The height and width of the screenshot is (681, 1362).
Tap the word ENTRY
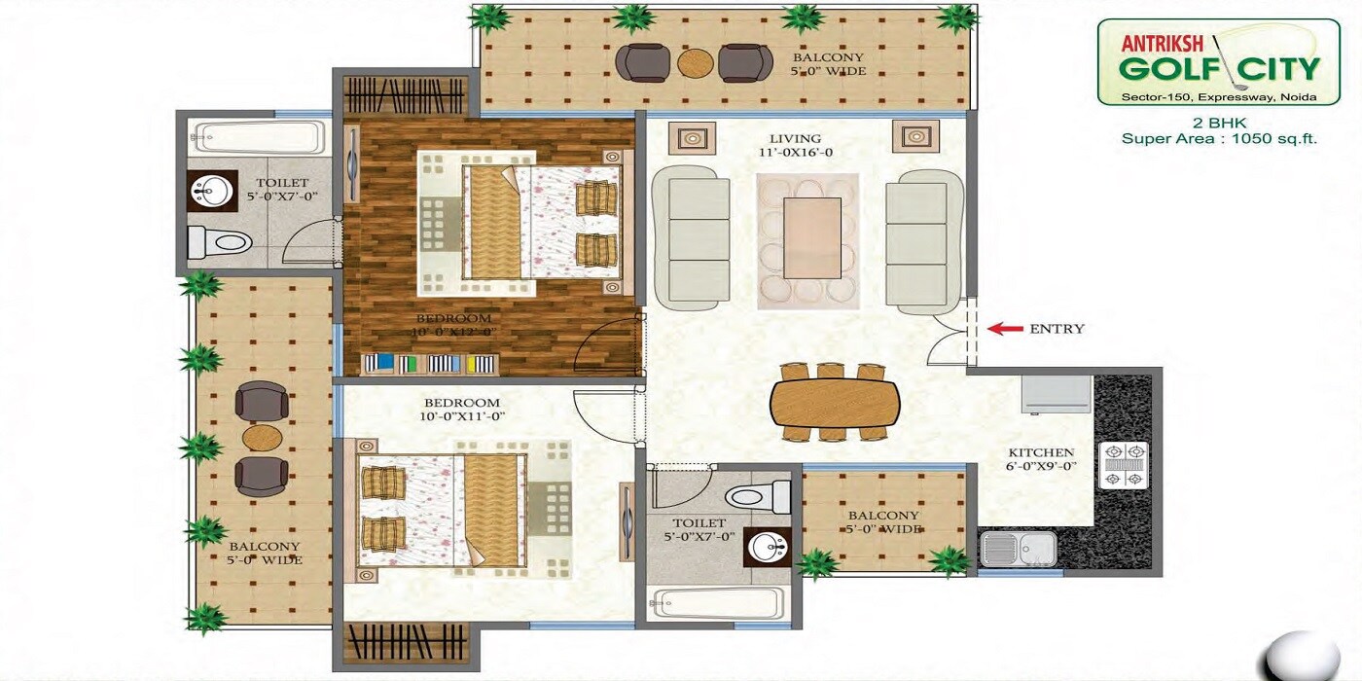pyautogui.click(x=1057, y=329)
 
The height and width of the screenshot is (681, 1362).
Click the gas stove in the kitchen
pyautogui.click(x=1123, y=464)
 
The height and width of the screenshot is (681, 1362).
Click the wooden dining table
pyautogui.click(x=835, y=401)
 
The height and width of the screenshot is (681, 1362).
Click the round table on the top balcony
pyautogui.click(x=696, y=63)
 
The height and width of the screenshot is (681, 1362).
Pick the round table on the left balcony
pyautogui.click(x=262, y=438)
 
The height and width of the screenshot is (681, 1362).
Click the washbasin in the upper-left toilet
pyautogui.click(x=210, y=192)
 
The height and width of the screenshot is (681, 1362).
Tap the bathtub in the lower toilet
pyautogui.click(x=719, y=603)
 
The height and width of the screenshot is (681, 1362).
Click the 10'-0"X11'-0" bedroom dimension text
pyautogui.click(x=461, y=416)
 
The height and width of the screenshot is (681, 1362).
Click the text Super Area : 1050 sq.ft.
pyautogui.click(x=1219, y=138)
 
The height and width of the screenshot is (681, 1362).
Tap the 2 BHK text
pyautogui.click(x=1219, y=123)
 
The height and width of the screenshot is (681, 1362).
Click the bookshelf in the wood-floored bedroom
pyautogui.click(x=429, y=364)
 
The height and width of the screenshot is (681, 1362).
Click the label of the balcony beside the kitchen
pyautogui.click(x=882, y=522)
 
